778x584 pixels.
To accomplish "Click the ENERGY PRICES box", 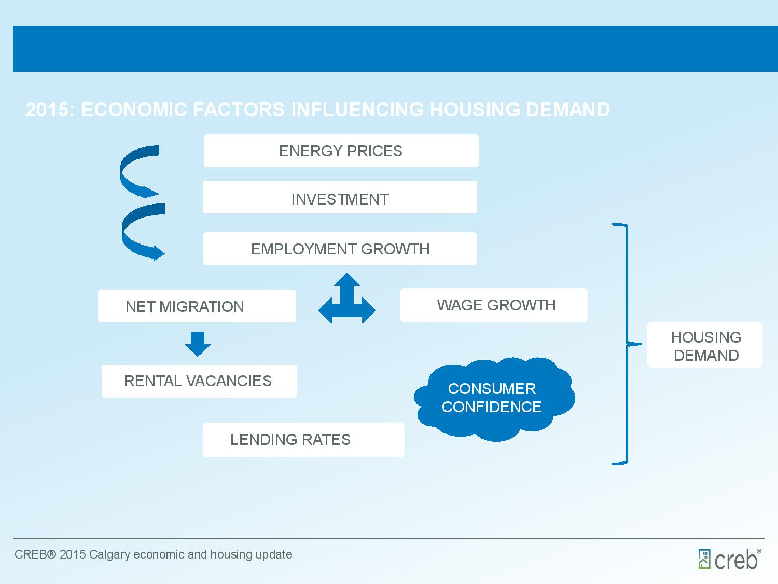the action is pos(341,151).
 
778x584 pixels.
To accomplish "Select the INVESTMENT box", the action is pos(340,197).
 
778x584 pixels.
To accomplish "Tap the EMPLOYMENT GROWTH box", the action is pos(340,249).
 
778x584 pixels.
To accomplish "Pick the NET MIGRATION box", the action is pos(197,306).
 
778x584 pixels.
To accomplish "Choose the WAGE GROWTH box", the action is pos(494,305).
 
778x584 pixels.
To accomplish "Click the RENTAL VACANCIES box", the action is pos(199,381).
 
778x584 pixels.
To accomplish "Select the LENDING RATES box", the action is pos(303,440).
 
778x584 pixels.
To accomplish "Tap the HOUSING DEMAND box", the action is pos(705,345).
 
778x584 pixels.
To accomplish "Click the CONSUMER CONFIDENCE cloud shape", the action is pos(494,399).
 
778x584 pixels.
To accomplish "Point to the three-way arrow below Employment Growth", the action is pos(347,302).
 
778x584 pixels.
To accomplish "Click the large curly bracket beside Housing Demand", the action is pos(627,344).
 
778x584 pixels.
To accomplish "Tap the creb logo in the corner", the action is pos(729,559).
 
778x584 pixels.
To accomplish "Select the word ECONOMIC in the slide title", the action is pos(134,109).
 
